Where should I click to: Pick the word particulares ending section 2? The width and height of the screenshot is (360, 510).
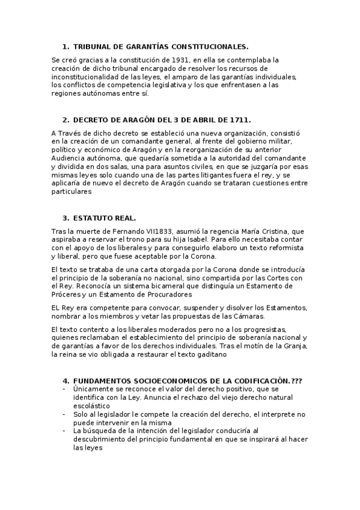point(72,192)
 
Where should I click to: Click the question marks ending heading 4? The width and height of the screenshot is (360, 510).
point(295,381)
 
